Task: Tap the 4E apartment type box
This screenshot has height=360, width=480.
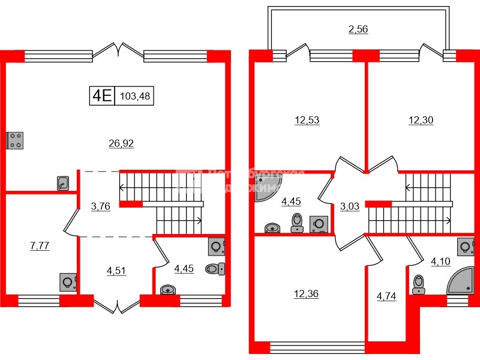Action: (101, 95)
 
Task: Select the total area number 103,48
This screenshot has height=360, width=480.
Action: (135, 95)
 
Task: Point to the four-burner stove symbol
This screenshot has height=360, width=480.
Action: (15, 140)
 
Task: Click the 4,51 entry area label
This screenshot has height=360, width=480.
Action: (116, 271)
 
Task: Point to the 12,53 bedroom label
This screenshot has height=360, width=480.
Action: (307, 120)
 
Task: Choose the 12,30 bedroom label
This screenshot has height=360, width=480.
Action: (421, 120)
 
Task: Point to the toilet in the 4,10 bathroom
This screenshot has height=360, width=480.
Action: (419, 284)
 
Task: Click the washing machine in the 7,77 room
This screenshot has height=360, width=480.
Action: (69, 281)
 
